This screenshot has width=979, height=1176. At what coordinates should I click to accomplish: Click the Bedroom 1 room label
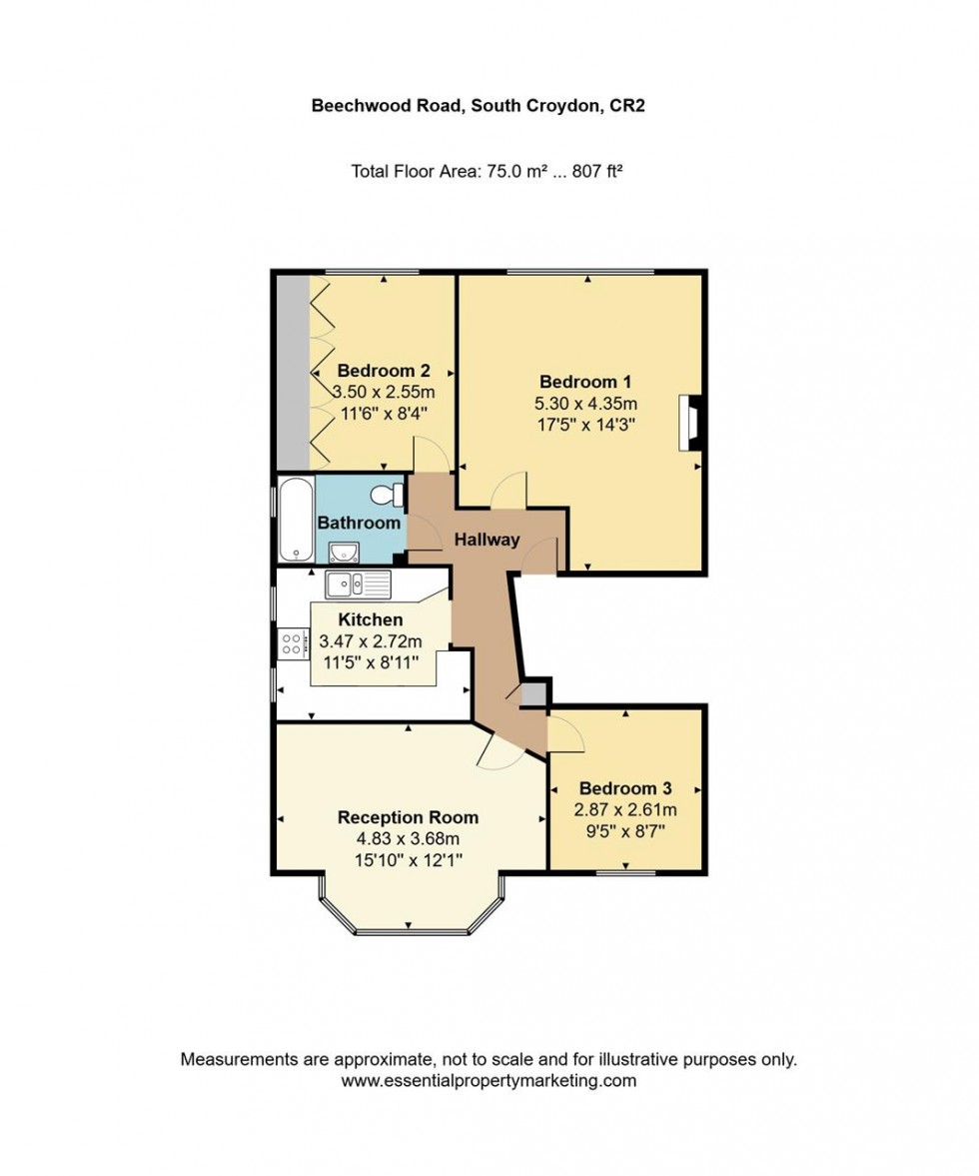pos(585,382)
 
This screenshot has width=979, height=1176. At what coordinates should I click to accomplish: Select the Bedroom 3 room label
pos(624,787)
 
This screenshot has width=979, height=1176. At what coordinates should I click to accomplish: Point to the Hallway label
pos(488,541)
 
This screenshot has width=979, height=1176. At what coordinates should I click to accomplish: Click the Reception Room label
pos(408,817)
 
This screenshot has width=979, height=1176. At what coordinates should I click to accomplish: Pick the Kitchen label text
pos(371,620)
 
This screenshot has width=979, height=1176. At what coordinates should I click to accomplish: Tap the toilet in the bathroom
pos(387,495)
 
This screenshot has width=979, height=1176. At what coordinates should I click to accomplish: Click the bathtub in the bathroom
pos(296,520)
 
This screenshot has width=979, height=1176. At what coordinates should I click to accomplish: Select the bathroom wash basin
pos(345,552)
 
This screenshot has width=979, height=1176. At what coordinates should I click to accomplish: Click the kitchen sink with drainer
pos(359,585)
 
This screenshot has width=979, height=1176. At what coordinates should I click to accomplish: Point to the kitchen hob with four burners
pos(293,642)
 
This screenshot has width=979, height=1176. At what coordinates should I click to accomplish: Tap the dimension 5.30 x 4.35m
pos(586,404)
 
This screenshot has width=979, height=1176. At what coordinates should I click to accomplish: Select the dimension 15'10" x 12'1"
pos(408,860)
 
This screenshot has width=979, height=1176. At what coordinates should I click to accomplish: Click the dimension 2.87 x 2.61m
pos(625,809)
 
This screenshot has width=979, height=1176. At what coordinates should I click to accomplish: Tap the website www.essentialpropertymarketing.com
pos(489,1081)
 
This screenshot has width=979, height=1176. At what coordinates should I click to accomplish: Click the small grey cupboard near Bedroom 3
pos(535,695)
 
